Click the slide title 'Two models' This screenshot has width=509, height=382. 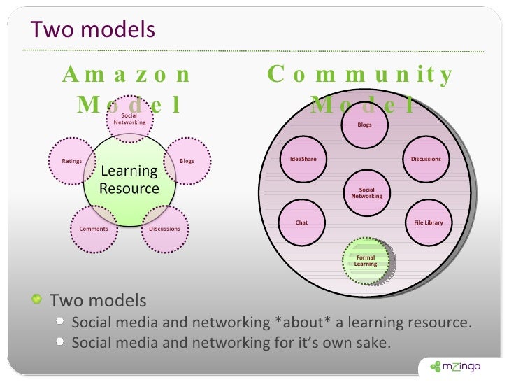(92, 30)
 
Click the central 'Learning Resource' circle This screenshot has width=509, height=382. (129, 180)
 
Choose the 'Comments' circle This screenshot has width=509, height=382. (94, 229)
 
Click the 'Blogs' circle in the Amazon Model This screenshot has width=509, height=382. (187, 161)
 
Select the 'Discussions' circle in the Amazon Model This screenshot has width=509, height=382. (165, 229)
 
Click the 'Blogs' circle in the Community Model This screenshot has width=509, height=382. (364, 125)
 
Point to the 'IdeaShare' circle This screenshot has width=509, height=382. (303, 159)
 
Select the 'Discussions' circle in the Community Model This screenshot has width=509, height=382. (426, 159)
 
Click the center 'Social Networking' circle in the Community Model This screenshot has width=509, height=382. (366, 193)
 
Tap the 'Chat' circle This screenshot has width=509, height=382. (301, 222)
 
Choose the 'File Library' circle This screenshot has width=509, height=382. (429, 222)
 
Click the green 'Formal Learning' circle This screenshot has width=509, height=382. (365, 261)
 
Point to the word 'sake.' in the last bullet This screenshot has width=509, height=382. (374, 343)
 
